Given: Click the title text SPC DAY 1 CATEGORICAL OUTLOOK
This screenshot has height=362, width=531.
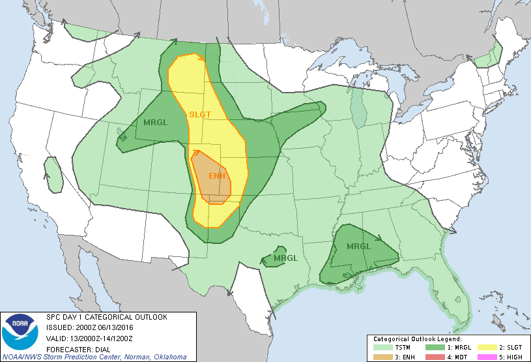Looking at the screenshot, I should pos(106,317).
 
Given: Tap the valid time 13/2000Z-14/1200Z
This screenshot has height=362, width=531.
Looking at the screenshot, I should pos(106,337).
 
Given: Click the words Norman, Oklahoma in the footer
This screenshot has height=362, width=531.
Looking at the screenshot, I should pos(159,357).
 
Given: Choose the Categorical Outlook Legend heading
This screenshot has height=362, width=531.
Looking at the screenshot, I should pos(417,339).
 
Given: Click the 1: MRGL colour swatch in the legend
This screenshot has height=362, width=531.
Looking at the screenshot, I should pos(435,348).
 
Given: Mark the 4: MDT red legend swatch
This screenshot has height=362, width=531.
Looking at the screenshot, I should pos(435,356).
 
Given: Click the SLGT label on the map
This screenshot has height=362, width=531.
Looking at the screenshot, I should pos(200,114).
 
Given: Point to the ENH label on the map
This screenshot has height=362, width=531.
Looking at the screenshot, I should pos(217,176).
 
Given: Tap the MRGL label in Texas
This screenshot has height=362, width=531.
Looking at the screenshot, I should pos(285,258).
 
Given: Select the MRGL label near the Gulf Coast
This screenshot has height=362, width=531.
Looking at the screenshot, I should pos(358,247).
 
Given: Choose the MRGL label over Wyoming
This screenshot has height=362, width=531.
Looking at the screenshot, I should pos(154,122).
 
